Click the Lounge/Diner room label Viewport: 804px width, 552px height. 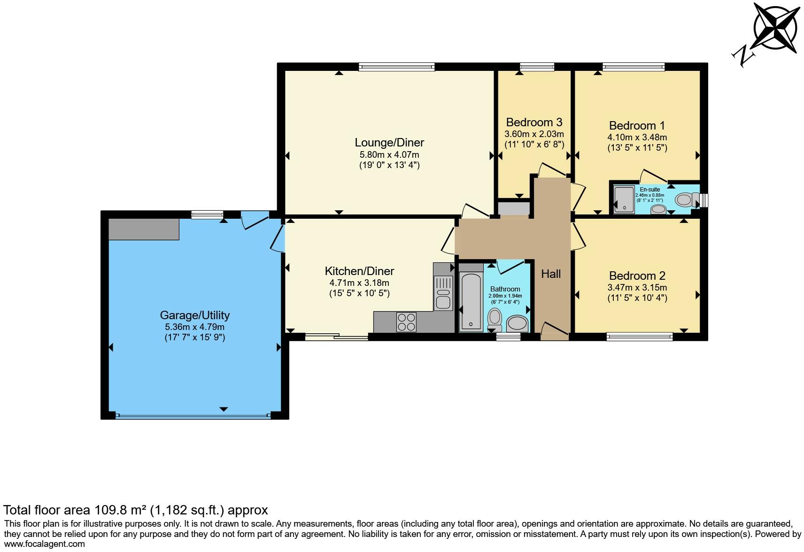tap(389, 143)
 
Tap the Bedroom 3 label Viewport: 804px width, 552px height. tap(534, 123)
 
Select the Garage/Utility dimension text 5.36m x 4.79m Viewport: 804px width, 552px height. tap(194, 327)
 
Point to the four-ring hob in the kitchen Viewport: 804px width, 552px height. tap(406, 322)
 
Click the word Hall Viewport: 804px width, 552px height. tap(550, 274)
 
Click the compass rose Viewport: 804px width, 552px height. tap(775, 27)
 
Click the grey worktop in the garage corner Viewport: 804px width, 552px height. tap(144, 229)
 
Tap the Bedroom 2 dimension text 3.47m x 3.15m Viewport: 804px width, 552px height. tap(637, 288)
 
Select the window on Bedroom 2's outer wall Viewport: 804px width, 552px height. tap(639, 336)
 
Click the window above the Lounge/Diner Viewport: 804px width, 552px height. tap(396, 67)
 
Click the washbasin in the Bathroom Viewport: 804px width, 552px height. tap(518, 323)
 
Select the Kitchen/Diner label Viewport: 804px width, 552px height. tap(359, 271)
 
